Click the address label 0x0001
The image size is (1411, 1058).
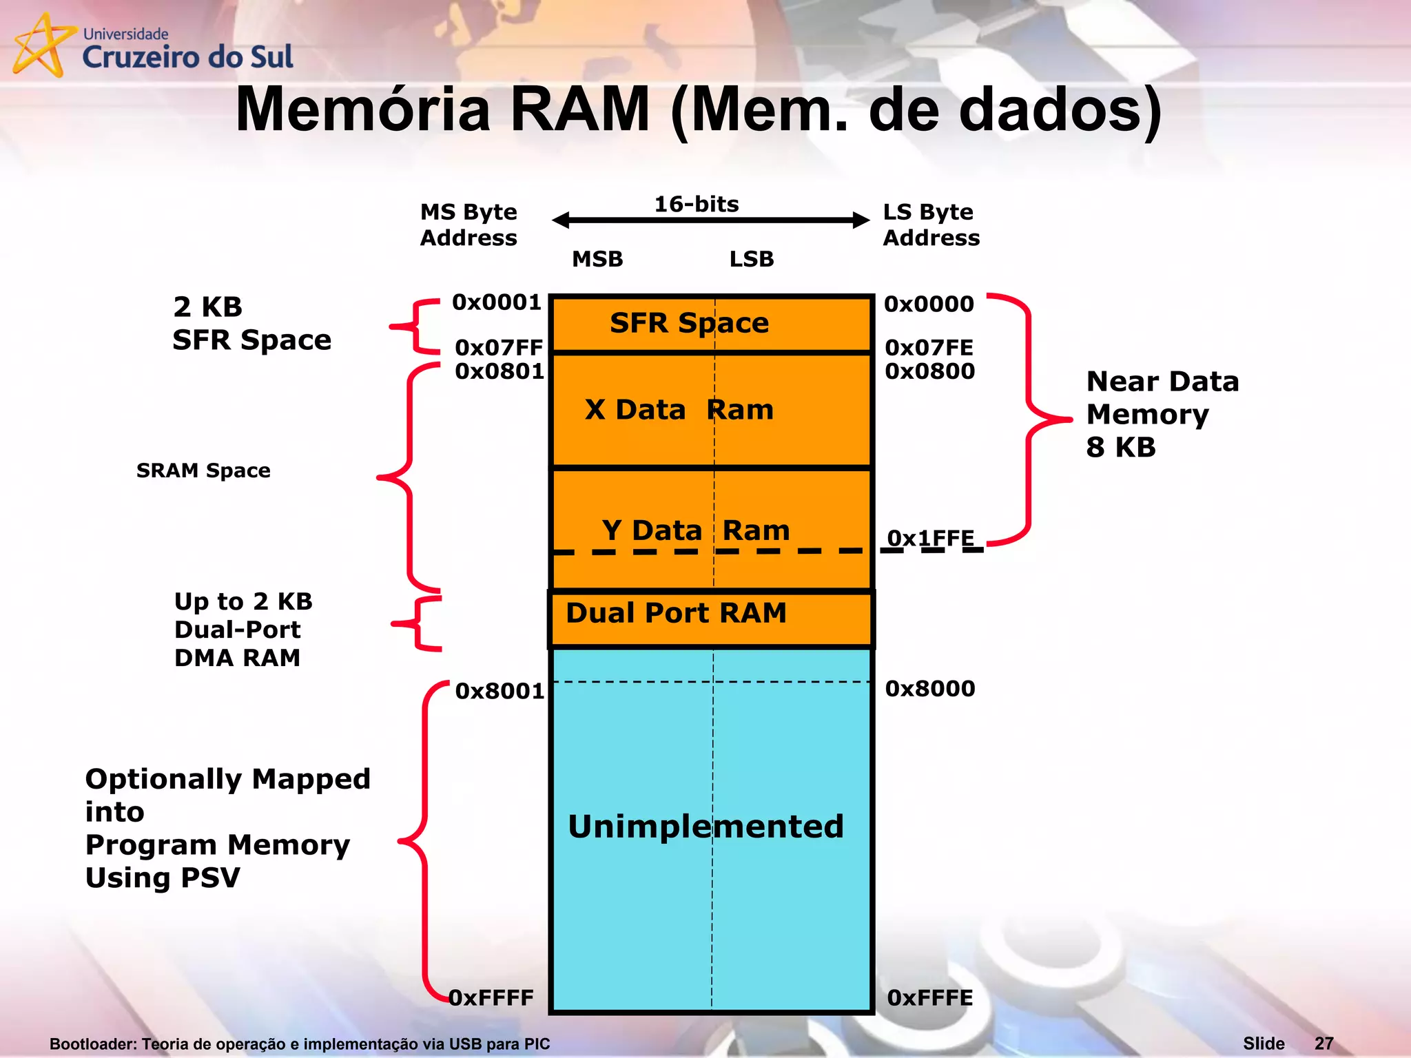click(x=497, y=302)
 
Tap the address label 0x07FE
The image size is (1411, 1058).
click(x=929, y=347)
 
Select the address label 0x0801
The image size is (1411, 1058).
click(x=499, y=371)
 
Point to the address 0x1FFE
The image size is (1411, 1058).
click(x=930, y=538)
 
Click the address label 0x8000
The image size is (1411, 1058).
click(x=930, y=688)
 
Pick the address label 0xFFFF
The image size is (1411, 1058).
click(x=491, y=997)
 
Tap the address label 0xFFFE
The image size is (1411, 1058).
click(x=930, y=997)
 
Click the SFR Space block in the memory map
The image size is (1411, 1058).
click(x=689, y=323)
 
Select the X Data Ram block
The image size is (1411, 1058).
click(x=679, y=410)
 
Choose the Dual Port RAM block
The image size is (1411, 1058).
click(x=676, y=613)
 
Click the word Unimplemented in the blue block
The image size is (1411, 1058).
click(x=705, y=826)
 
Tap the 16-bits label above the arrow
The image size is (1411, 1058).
click(x=696, y=204)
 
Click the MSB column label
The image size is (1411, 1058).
click(x=597, y=259)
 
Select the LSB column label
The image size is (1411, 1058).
click(x=752, y=259)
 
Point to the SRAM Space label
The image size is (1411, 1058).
click(x=203, y=470)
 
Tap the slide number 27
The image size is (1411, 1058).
click(x=1324, y=1044)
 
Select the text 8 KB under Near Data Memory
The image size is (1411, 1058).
click(x=1121, y=447)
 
